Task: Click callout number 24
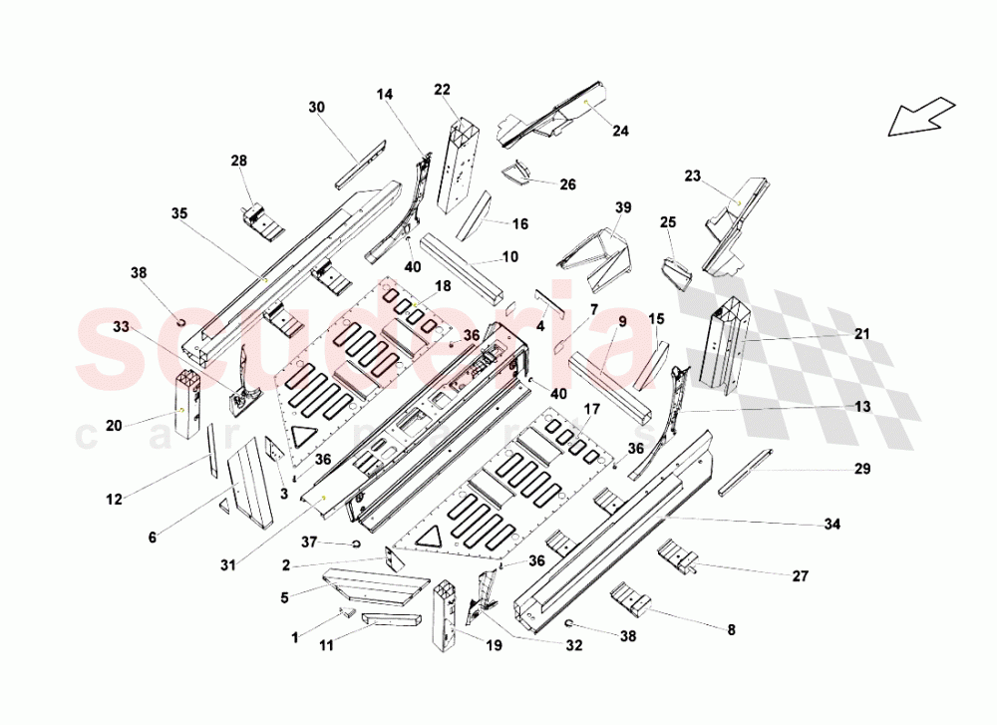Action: pyautogui.click(x=621, y=131)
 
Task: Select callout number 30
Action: pyautogui.click(x=317, y=107)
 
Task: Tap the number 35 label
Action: pyautogui.click(x=179, y=213)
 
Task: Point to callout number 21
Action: pyautogui.click(x=862, y=333)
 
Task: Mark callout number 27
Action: pyautogui.click(x=800, y=575)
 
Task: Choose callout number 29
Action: pyautogui.click(x=862, y=468)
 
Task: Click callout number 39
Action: pyautogui.click(x=623, y=207)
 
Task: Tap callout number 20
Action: pyautogui.click(x=115, y=425)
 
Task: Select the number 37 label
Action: pyautogui.click(x=310, y=543)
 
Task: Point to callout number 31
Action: pyautogui.click(x=230, y=566)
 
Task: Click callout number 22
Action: pyautogui.click(x=443, y=90)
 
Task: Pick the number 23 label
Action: pyautogui.click(x=693, y=177)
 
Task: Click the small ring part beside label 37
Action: pyautogui.click(x=354, y=544)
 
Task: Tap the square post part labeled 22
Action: pyautogui.click(x=466, y=160)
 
